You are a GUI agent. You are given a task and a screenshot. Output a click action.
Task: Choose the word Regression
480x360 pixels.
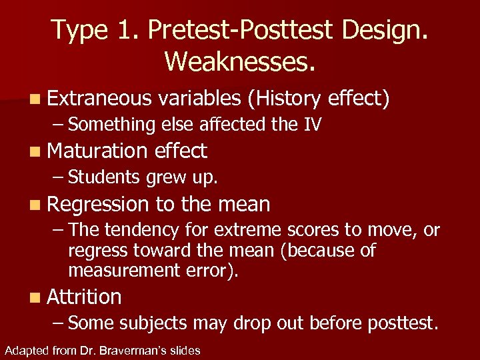pyautogui.click(x=98, y=204)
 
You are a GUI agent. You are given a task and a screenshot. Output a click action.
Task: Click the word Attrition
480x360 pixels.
pyautogui.click(x=84, y=297)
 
